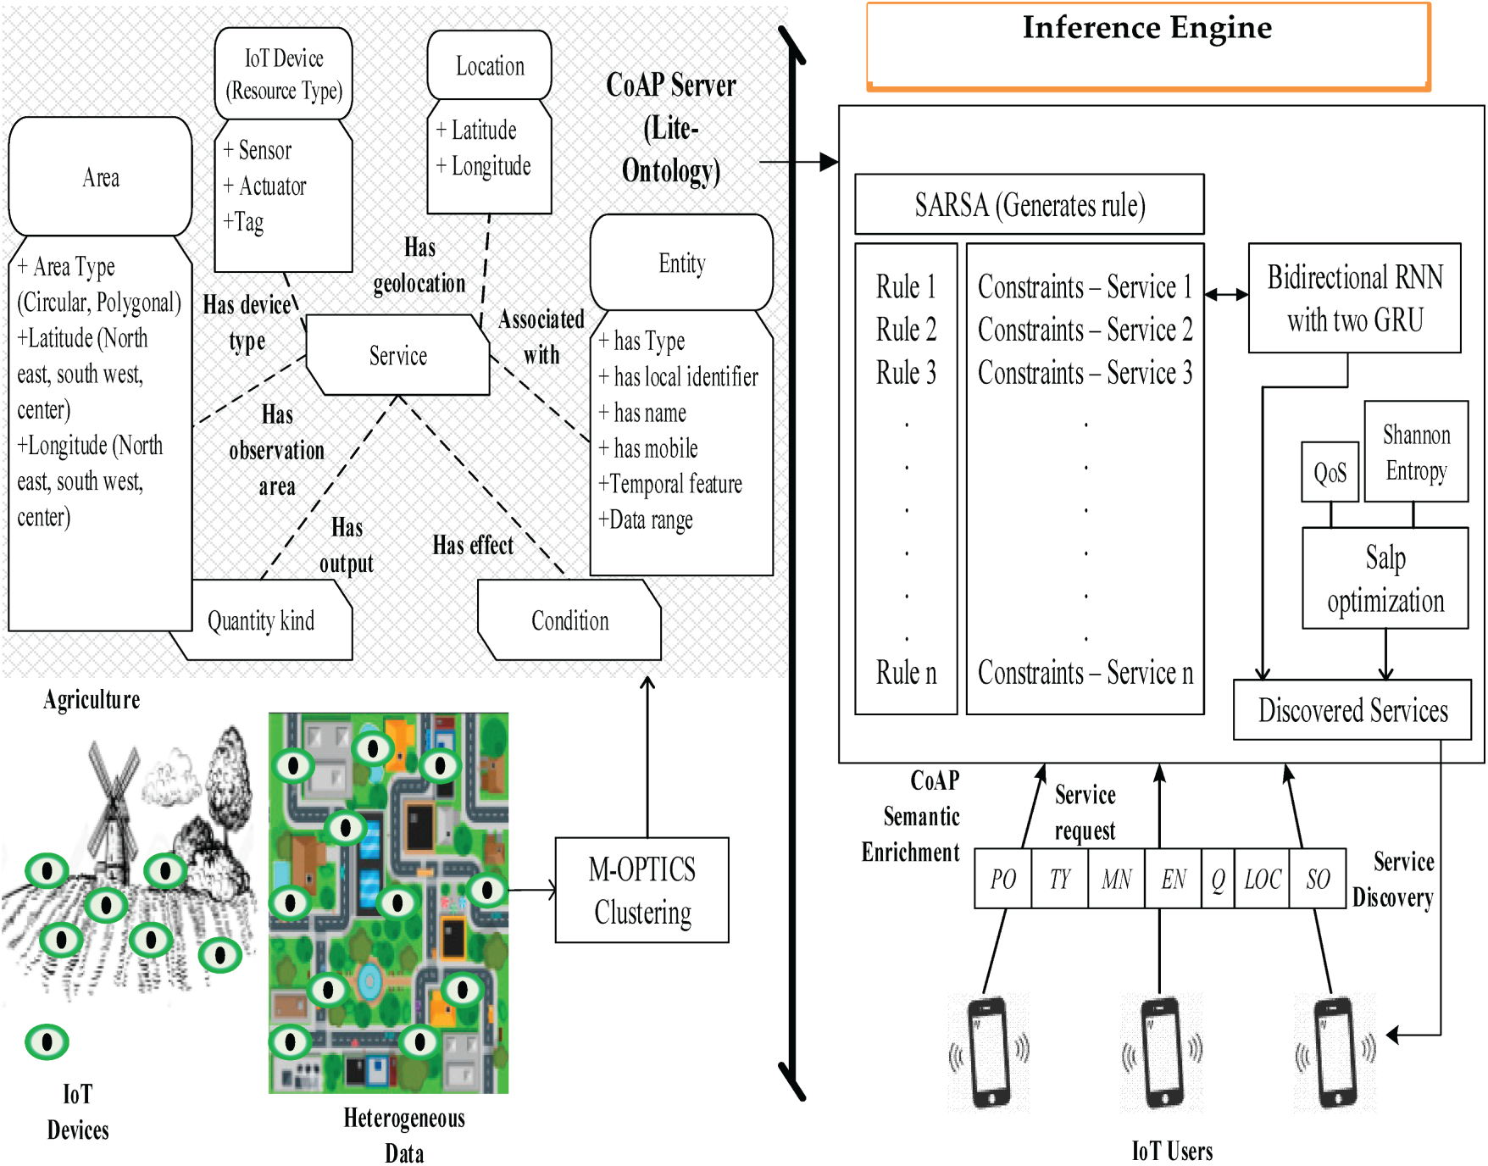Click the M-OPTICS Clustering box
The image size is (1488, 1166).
coord(641,890)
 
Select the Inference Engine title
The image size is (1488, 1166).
coord(1147,28)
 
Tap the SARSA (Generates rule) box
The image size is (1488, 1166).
coord(1029,204)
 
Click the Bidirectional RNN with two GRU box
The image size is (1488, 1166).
coord(1354,298)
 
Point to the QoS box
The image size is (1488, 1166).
coord(1330,472)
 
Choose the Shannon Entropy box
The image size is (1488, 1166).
coord(1415,452)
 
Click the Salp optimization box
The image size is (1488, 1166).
coord(1385,578)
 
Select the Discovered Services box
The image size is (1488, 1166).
coord(1352,709)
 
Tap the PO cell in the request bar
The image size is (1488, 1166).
coord(1002,880)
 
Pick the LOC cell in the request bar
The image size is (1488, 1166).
coord(1262,880)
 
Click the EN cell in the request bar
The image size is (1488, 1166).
coord(1173,880)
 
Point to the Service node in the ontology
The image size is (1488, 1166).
coord(397,355)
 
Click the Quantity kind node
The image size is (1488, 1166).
coord(261,620)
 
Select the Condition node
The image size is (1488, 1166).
coord(569,620)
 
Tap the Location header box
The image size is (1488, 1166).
coord(490,65)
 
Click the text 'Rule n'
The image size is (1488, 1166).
coord(906,673)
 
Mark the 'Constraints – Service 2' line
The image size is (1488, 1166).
coord(1085,330)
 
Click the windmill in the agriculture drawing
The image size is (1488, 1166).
coord(113,805)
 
